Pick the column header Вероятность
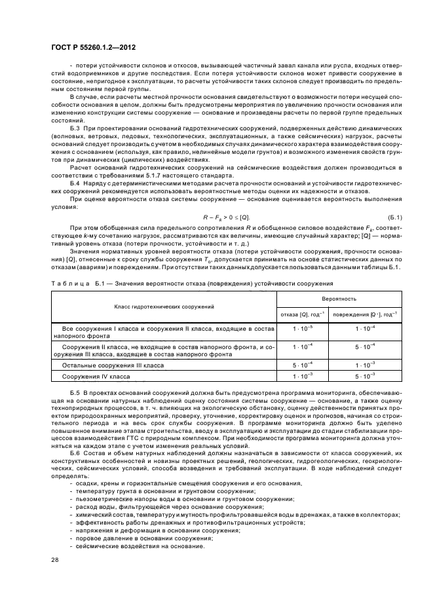pyautogui.click(x=338, y=299)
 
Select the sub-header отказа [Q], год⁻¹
pyautogui.click(x=303, y=314)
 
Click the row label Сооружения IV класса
pyautogui.click(x=96, y=377)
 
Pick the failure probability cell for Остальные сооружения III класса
pyautogui.click(x=303, y=365)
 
